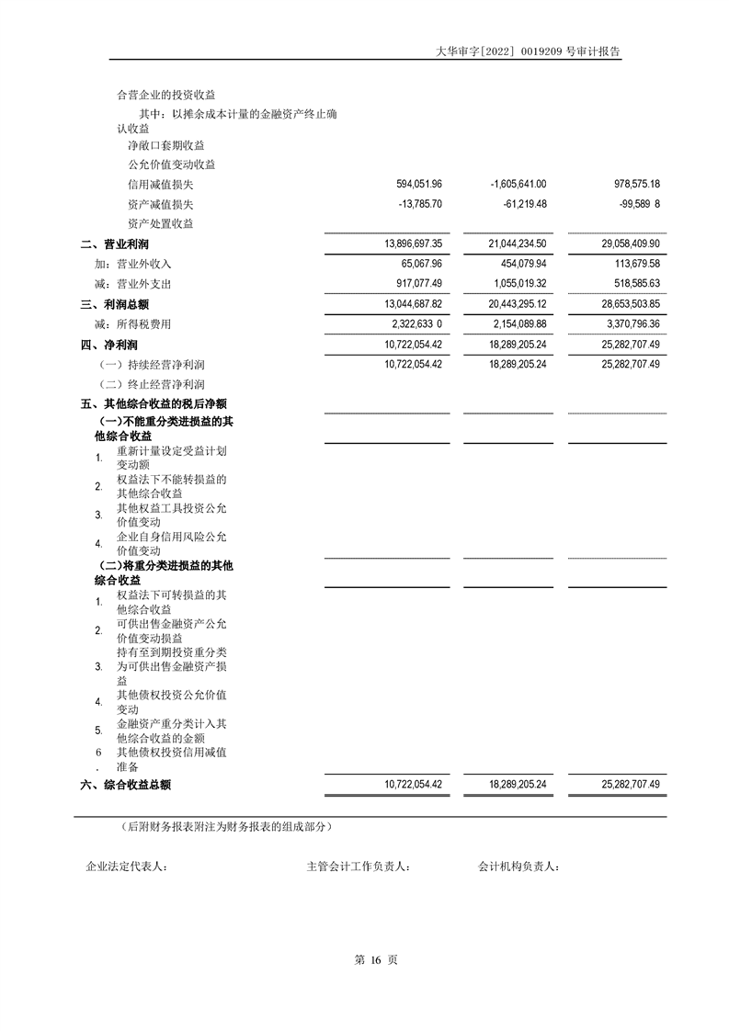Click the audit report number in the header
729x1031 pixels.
pos(529,52)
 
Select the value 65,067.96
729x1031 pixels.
pos(418,264)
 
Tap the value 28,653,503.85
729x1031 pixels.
pos(623,304)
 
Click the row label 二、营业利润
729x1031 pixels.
pos(115,244)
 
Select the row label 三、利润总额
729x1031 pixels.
pos(115,304)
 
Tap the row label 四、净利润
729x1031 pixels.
pos(109,345)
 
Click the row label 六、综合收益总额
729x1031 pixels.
pos(126,785)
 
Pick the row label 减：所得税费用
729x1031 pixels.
pos(132,324)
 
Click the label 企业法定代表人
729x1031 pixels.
pos(126,867)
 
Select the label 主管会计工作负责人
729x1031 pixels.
pos(359,867)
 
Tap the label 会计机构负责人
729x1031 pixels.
pos(518,867)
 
